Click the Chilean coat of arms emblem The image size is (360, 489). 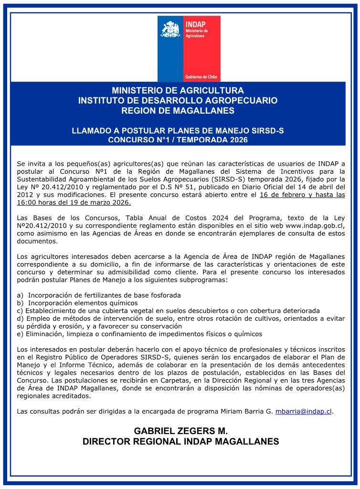point(171,30)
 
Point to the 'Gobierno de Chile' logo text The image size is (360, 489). point(201,76)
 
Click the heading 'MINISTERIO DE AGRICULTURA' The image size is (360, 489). point(178,90)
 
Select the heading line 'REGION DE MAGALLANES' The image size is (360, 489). point(178,111)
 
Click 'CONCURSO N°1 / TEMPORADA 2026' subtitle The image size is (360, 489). point(178,140)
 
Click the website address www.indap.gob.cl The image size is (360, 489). point(315,226)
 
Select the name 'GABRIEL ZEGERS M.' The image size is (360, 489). point(180,431)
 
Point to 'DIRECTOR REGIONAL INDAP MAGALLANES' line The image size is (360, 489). point(180,442)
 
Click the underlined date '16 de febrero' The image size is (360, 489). point(282,195)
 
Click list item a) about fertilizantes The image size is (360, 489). point(99,295)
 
